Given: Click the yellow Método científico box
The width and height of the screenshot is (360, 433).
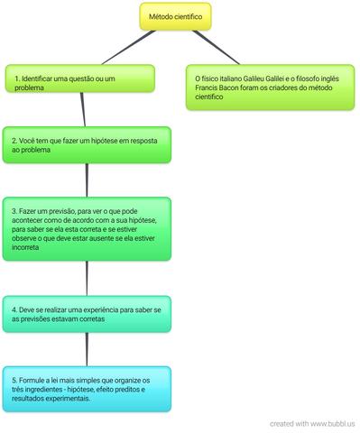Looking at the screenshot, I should click(175, 16).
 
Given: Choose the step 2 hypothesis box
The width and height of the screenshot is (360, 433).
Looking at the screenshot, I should click(86, 145).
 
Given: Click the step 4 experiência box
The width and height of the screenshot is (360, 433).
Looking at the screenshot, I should click(86, 314).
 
